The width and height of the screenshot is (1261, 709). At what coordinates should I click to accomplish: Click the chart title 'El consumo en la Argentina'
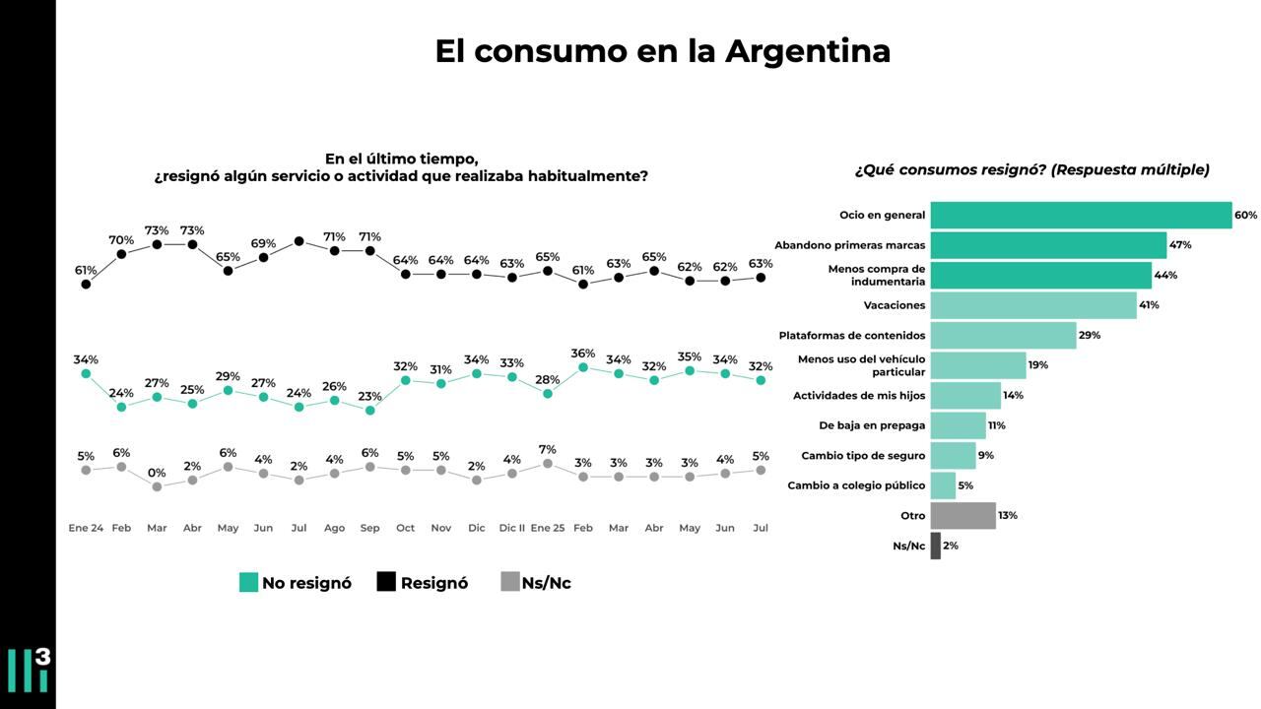pos(662,51)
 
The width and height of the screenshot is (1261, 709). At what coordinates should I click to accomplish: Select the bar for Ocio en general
pos(1081,215)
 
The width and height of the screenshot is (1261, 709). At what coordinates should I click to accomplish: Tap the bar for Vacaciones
pos(1033,305)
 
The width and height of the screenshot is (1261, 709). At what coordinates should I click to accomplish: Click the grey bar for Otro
pos(962,516)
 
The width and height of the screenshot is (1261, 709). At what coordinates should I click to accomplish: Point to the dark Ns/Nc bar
pos(936,546)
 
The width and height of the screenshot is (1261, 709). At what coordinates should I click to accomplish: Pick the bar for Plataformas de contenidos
pos(1003,335)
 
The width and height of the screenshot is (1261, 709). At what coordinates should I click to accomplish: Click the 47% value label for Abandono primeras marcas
pos(1180,245)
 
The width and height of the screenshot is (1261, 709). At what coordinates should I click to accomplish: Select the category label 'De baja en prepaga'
pos(872,425)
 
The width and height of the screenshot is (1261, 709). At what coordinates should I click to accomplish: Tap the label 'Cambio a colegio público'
pos(856,485)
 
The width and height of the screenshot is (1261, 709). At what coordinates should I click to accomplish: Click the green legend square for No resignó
pos(248,583)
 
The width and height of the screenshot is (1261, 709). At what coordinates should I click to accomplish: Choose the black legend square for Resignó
pos(386,583)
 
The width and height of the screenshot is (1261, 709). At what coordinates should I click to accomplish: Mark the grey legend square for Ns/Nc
pos(509,583)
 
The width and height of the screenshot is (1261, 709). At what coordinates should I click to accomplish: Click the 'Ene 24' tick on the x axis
pos(86,528)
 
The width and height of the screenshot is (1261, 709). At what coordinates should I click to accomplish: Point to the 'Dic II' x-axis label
pos(511,528)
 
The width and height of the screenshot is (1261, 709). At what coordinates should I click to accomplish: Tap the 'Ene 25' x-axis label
pos(547,528)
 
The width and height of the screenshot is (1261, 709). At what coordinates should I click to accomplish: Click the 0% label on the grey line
pos(157,473)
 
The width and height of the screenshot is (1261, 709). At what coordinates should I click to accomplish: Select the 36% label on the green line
pos(582,354)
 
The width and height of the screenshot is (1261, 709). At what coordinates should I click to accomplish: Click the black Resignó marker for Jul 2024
pos(299,241)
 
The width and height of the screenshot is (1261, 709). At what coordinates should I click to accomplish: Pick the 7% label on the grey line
pos(547,450)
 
